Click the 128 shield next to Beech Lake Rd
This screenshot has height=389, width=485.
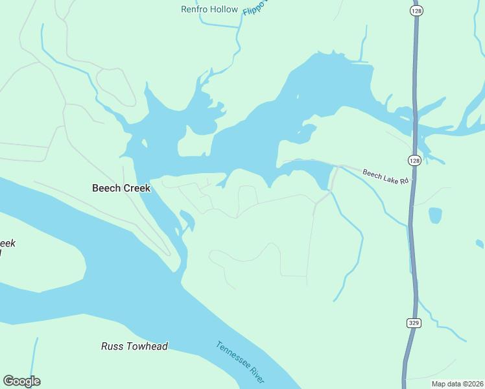(414, 159)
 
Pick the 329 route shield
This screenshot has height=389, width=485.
(413, 323)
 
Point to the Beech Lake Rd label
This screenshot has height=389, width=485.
(385, 176)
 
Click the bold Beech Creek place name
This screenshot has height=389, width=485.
(121, 188)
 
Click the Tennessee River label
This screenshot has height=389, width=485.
(239, 362)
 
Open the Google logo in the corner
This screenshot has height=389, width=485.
(21, 381)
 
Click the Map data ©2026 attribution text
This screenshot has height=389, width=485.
(457, 384)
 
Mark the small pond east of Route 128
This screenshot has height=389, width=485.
(435, 215)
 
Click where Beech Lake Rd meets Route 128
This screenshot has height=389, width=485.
(411, 184)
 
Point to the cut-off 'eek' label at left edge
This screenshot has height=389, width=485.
(6, 244)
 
